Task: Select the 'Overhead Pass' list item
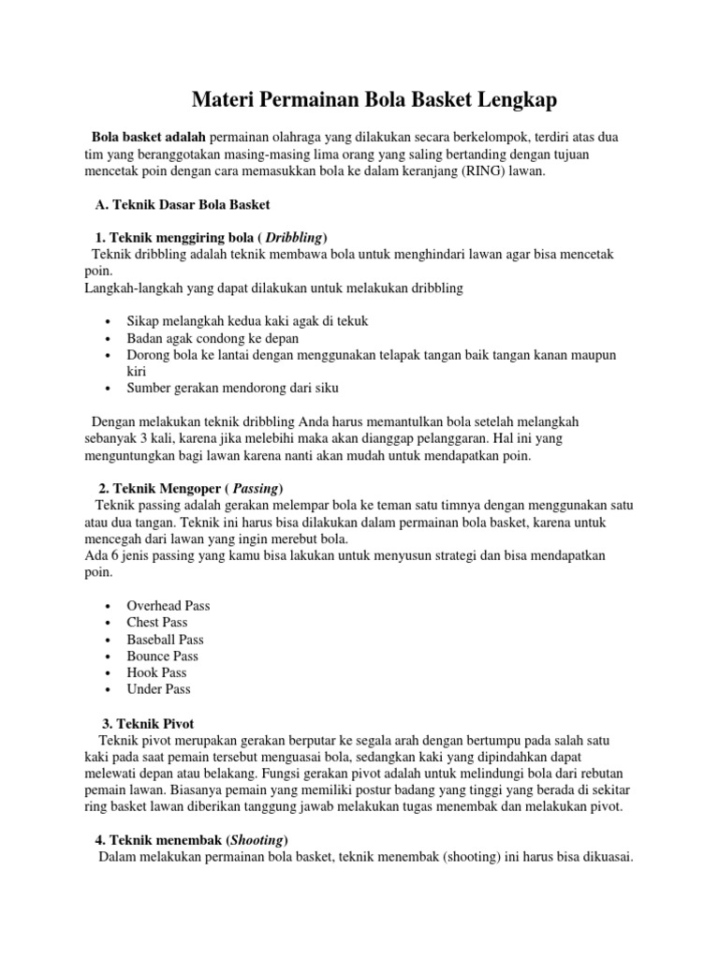[x=169, y=606]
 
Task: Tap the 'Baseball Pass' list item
[x=165, y=640]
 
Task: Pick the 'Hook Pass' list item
[x=156, y=672]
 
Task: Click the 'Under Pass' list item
[x=158, y=689]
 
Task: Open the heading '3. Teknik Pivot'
[x=147, y=724]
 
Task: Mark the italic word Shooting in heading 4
[x=257, y=840]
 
